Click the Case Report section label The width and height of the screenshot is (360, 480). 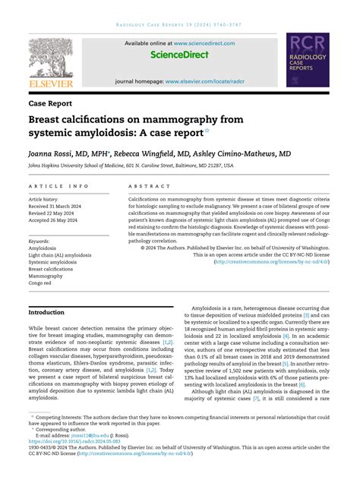[50, 102]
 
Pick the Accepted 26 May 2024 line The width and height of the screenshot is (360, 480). [58, 219]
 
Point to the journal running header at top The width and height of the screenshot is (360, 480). [180, 24]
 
